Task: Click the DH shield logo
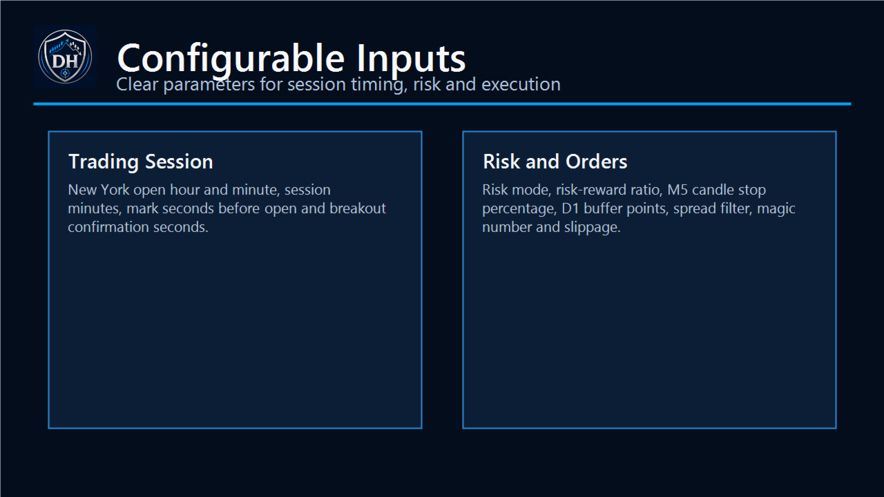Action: click(x=65, y=57)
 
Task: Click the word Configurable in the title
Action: click(x=231, y=59)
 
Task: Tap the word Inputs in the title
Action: click(x=411, y=59)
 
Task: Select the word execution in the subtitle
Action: click(x=521, y=84)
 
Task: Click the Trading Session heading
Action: click(x=140, y=162)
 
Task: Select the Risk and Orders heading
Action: click(x=555, y=162)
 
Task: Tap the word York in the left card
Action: click(x=115, y=190)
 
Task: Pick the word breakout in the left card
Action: click(x=358, y=208)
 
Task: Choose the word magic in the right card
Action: click(x=776, y=208)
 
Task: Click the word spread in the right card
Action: click(x=692, y=209)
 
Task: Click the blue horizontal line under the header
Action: click(x=442, y=104)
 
